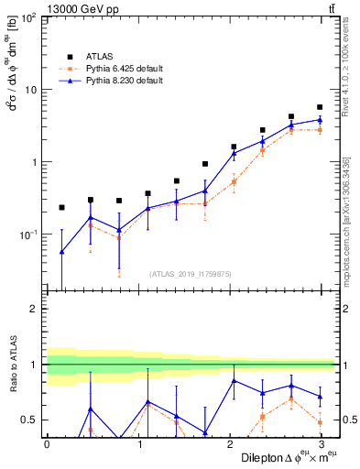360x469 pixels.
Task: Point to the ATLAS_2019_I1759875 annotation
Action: pyautogui.click(x=191, y=273)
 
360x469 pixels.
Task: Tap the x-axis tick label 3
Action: pyautogui.click(x=321, y=444)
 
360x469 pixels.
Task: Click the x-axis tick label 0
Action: pyautogui.click(x=47, y=444)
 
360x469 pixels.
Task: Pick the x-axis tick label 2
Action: pyautogui.click(x=229, y=444)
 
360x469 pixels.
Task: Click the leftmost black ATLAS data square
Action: pyautogui.click(x=61, y=208)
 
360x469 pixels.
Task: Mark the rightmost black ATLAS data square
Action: pyautogui.click(x=320, y=107)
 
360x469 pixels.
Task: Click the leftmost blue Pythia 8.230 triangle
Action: pyautogui.click(x=61, y=252)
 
